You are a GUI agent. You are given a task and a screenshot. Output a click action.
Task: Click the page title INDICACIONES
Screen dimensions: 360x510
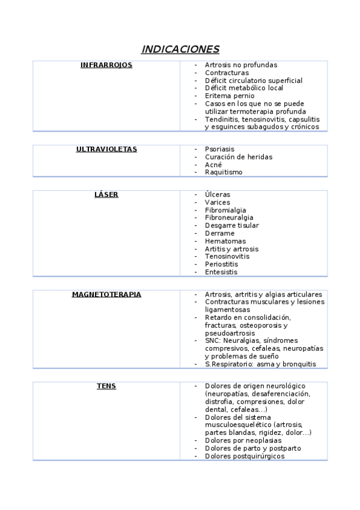click(180, 49)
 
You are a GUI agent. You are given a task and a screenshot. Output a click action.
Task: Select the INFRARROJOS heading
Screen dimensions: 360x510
click(106, 65)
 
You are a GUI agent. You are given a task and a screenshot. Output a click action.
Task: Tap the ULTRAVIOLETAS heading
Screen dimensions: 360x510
click(106, 149)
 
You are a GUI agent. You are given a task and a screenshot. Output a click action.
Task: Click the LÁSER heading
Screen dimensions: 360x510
click(106, 195)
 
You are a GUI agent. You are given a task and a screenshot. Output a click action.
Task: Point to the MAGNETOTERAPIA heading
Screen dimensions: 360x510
click(106, 295)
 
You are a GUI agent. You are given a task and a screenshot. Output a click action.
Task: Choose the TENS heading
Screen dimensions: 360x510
click(106, 386)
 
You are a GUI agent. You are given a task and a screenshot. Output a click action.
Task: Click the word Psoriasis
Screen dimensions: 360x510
click(219, 149)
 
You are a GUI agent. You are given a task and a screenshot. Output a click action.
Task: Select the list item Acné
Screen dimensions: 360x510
click(213, 165)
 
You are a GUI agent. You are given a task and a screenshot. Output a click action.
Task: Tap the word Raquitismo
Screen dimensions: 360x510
click(224, 173)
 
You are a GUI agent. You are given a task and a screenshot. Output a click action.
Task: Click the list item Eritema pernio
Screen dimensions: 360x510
click(229, 96)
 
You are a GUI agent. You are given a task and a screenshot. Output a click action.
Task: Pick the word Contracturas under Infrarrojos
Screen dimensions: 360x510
click(227, 73)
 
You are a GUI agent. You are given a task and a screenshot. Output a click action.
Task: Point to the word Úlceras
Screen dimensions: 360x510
click(217, 195)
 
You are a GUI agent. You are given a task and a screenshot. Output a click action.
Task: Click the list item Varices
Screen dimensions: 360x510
click(217, 203)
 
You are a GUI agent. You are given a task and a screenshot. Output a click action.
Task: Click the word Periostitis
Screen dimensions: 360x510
click(221, 264)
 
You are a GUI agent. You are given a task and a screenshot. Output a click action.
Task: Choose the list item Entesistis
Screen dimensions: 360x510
click(221, 272)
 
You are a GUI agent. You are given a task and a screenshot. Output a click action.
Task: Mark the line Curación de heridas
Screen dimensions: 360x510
click(238, 157)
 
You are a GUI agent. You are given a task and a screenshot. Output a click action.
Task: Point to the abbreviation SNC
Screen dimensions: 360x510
click(212, 340)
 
